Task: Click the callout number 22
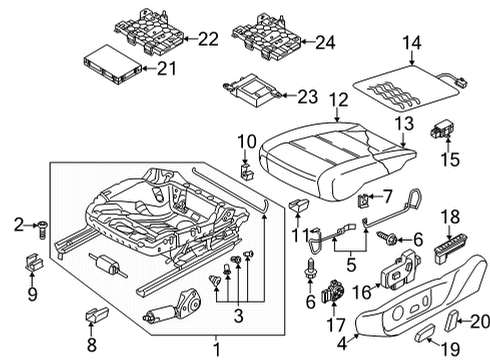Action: [x=208, y=39]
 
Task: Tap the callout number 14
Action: [x=412, y=43]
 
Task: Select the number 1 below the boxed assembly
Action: [x=217, y=349]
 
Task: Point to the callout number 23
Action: [x=307, y=97]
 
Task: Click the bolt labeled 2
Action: [x=42, y=229]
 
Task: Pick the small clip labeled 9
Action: [x=34, y=262]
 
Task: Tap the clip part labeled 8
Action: [x=97, y=314]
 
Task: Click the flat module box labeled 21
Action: [x=112, y=65]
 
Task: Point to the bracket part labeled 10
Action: [x=247, y=170]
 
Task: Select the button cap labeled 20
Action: [x=451, y=318]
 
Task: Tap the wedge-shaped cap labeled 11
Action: [x=299, y=205]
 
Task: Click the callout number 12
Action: [x=339, y=100]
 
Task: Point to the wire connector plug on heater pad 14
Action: [x=461, y=82]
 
